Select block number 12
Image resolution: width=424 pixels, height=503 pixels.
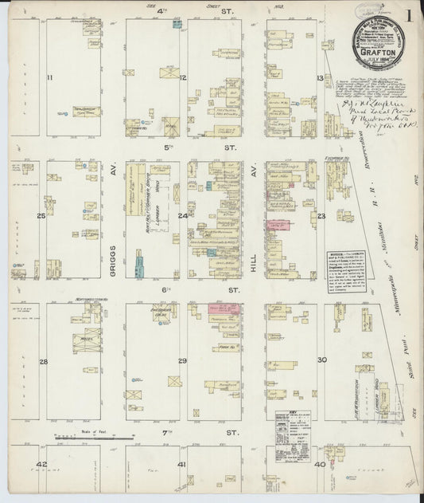click(183, 77)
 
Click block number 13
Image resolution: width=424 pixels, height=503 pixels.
click(320, 78)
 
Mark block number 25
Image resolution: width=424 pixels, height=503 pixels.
click(40, 216)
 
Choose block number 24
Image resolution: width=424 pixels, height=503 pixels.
click(182, 216)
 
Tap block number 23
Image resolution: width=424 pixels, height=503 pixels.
click(321, 216)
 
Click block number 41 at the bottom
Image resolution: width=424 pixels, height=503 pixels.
click(182, 463)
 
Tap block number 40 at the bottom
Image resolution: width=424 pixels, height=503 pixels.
click(319, 463)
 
